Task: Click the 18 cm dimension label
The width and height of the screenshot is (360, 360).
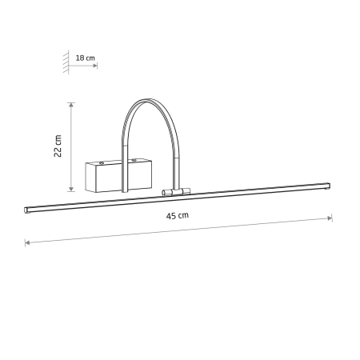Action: click(x=86, y=58)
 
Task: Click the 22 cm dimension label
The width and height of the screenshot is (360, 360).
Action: click(x=58, y=146)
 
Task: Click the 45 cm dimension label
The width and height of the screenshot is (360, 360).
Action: click(x=178, y=215)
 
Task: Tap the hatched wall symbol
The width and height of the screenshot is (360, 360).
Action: click(x=66, y=62)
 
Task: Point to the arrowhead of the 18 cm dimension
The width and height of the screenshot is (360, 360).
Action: click(x=95, y=65)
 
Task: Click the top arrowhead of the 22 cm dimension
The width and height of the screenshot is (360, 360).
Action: click(x=71, y=105)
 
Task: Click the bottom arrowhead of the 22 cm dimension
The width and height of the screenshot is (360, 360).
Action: click(x=71, y=189)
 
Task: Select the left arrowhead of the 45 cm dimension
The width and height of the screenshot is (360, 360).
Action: click(x=27, y=242)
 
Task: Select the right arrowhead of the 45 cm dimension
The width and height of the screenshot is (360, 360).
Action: click(x=330, y=218)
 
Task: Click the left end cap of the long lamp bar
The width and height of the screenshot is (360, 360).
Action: click(x=26, y=210)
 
